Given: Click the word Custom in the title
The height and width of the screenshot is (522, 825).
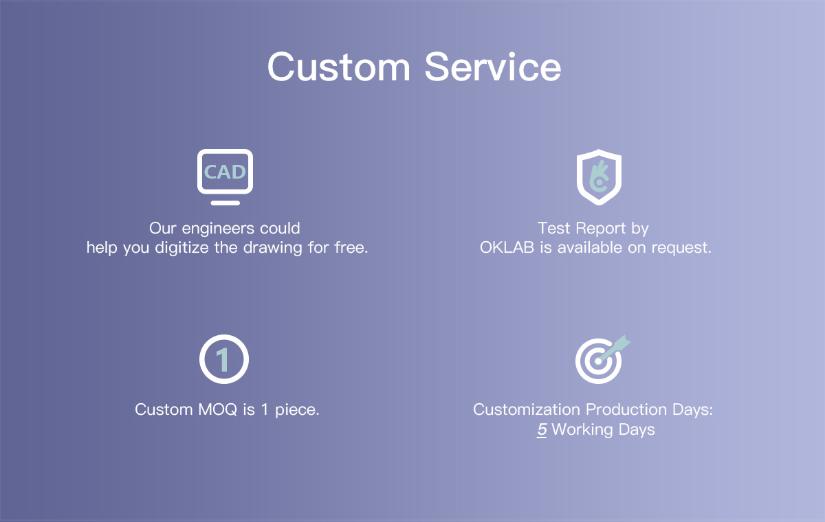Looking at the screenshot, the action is [x=338, y=67].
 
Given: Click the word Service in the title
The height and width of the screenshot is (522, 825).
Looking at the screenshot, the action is [x=493, y=67].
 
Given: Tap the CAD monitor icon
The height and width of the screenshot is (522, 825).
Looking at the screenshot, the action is [x=225, y=177].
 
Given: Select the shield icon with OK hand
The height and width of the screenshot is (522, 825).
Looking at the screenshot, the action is [x=599, y=177].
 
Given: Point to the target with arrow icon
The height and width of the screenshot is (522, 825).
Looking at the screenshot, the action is [x=602, y=359].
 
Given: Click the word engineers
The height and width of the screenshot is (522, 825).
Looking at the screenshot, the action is [x=218, y=229].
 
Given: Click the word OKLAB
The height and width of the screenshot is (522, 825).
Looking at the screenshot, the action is [x=507, y=247].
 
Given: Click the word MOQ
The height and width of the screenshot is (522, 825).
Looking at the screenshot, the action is [x=218, y=410].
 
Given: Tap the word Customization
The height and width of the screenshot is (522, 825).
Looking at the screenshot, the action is [x=527, y=409].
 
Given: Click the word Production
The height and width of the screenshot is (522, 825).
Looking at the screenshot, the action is [x=626, y=409].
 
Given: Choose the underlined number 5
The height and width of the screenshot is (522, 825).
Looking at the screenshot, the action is [x=542, y=430].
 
